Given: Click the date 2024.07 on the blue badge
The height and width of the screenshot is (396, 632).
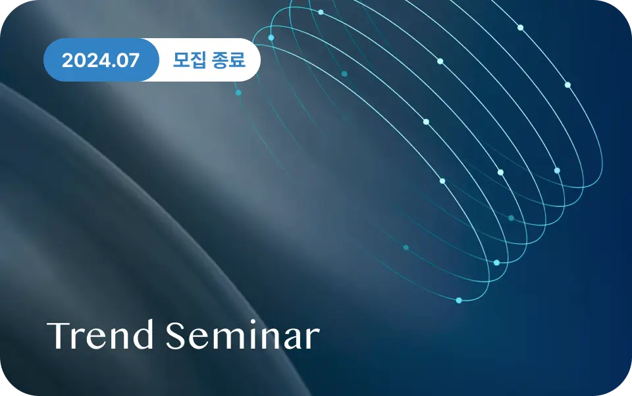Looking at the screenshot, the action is point(100,60).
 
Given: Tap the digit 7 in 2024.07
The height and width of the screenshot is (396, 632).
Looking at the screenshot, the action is point(134,60).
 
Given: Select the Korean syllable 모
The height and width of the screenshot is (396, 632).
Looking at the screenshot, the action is point(181,60).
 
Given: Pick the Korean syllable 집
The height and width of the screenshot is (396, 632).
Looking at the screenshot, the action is point(198,60).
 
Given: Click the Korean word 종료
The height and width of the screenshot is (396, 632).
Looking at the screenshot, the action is point(228,60).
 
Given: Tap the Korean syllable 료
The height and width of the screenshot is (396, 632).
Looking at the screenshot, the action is point(238,60).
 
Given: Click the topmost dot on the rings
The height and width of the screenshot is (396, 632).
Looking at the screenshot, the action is point(321,12).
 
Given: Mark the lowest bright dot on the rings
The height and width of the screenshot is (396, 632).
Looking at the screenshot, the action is point(459,300).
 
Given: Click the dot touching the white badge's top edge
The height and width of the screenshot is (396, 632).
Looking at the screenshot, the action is point(271,38).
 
